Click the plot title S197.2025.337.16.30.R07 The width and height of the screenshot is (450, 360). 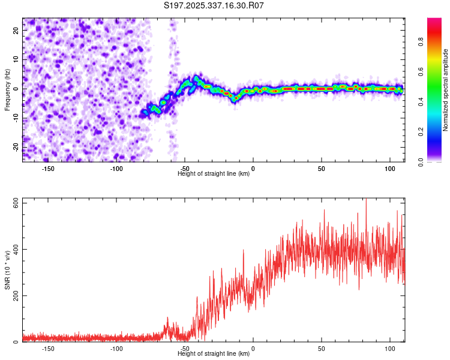[214, 5]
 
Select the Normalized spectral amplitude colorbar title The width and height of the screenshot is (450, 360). [445, 90]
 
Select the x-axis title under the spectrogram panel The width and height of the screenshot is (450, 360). [214, 174]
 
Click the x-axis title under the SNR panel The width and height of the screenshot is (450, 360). [214, 354]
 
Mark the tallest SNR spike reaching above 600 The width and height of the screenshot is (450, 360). [365, 200]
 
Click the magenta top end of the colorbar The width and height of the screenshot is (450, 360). [434, 22]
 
